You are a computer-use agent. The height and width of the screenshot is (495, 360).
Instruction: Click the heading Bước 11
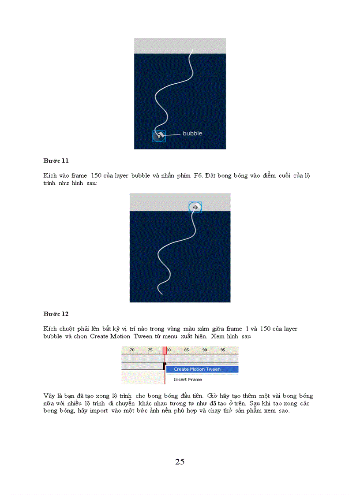click(x=56, y=160)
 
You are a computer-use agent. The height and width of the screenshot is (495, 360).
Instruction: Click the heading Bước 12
click(x=56, y=314)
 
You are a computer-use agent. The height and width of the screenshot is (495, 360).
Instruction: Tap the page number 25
click(x=180, y=462)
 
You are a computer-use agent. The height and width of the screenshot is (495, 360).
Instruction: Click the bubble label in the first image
click(x=192, y=133)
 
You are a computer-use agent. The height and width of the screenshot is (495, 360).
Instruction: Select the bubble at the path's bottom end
click(x=159, y=136)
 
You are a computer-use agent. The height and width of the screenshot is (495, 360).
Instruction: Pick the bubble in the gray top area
click(x=195, y=207)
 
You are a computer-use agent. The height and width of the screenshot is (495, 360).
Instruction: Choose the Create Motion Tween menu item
click(x=197, y=369)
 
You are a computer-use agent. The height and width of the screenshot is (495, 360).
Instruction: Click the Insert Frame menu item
click(x=187, y=380)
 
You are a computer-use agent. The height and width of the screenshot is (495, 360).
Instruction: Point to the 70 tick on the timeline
click(x=132, y=350)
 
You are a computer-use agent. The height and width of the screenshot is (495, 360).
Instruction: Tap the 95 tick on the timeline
click(x=223, y=350)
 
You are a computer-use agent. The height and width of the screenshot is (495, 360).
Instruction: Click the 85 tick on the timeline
click(x=187, y=350)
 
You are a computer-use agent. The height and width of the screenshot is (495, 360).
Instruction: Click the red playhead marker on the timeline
click(x=165, y=350)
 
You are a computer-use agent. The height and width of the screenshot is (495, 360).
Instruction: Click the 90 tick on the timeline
click(x=205, y=350)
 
